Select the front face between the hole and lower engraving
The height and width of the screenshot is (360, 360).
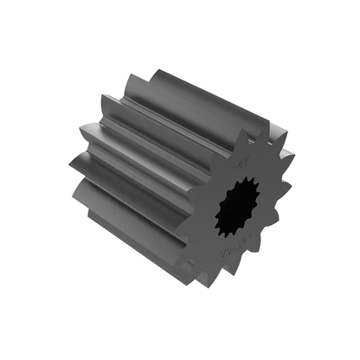coord(233,243)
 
